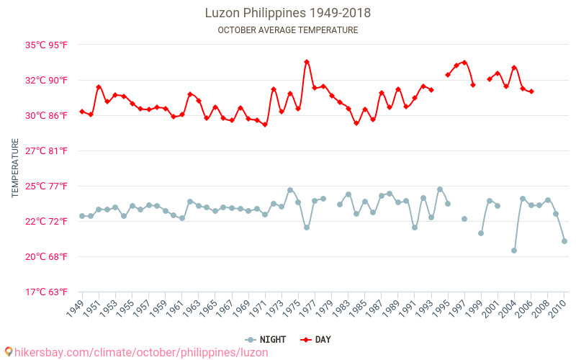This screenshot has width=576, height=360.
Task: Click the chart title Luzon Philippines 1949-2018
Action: pos(288,13)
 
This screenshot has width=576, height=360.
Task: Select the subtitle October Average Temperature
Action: pos(288,30)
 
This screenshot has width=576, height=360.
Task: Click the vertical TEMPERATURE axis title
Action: pos(15,168)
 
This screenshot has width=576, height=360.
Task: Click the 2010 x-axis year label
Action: pos(559,309)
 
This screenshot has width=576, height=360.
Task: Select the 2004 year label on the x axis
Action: pos(508,309)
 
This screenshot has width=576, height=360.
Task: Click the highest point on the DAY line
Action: pos(307,62)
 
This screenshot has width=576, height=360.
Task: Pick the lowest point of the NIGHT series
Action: pos(514,251)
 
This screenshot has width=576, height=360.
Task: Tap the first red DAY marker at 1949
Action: pos(82,112)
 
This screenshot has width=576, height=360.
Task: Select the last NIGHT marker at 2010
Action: pos(564,241)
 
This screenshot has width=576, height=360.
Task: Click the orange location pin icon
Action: pos(8,352)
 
